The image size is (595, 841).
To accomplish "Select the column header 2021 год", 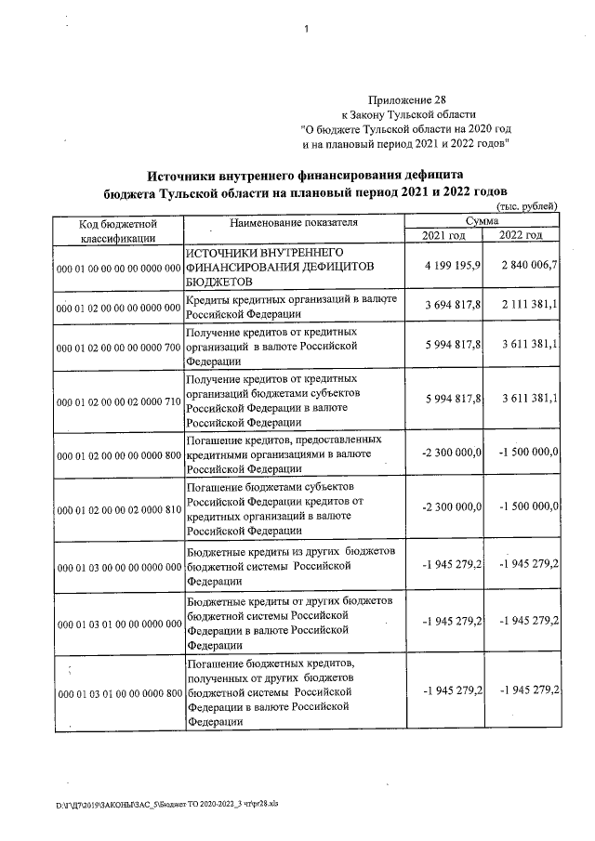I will (443, 237).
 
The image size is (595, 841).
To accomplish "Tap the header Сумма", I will (482, 222).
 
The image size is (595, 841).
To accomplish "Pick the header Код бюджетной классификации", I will (117, 230).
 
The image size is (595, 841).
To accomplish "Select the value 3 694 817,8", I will (451, 306).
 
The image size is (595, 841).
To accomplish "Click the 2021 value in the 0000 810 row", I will (451, 506).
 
